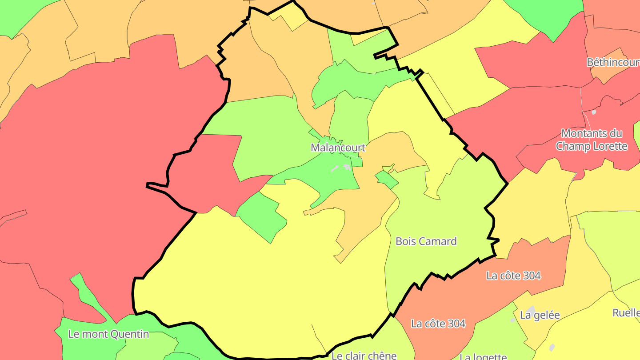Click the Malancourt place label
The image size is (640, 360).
click(x=338, y=148)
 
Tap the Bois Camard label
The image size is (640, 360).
click(x=426, y=241)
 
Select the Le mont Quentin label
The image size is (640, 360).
click(x=108, y=334)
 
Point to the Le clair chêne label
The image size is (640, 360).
click(x=364, y=356)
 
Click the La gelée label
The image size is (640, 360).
click(x=540, y=315)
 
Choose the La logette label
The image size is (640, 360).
click(x=483, y=357)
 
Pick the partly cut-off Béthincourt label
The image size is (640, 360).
click(x=613, y=62)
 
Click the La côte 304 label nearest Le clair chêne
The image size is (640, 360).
click(x=438, y=324)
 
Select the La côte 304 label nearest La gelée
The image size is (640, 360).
click(x=513, y=276)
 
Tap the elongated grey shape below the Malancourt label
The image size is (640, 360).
click(x=335, y=169)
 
